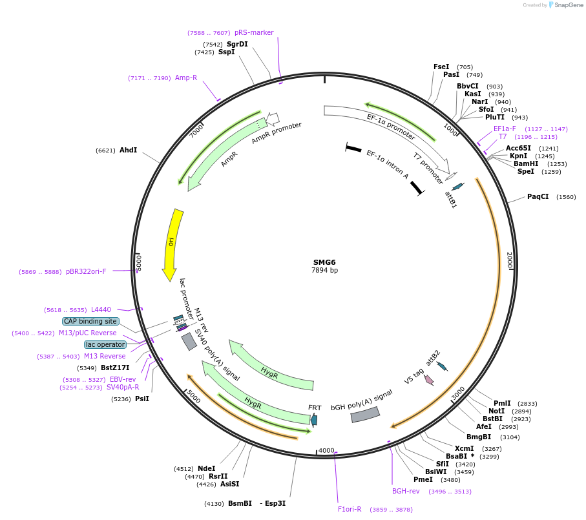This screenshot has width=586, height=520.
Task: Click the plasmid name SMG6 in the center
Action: click(x=324, y=262)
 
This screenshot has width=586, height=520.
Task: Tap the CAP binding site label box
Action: click(x=90, y=321)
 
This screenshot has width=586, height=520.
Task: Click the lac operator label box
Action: click(x=105, y=344)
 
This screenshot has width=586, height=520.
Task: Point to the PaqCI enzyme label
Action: click(x=538, y=196)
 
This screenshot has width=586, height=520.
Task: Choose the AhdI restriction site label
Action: click(x=128, y=150)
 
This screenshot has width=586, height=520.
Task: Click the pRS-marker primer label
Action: click(x=254, y=32)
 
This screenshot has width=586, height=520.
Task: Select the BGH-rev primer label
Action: click(x=406, y=491)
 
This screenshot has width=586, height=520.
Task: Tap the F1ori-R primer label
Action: click(x=350, y=509)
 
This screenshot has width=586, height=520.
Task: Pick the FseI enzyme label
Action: click(x=441, y=67)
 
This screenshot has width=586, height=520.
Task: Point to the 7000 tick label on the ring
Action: click(x=196, y=130)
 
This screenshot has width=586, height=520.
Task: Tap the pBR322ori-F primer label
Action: click(x=86, y=271)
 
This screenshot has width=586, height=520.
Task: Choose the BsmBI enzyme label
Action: click(x=240, y=503)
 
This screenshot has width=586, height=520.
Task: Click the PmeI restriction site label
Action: click(x=423, y=479)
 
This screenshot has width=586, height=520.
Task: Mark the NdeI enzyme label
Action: click(x=207, y=468)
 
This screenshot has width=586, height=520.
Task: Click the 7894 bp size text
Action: click(x=324, y=271)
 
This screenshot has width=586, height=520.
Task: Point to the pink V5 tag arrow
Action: click(x=428, y=380)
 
